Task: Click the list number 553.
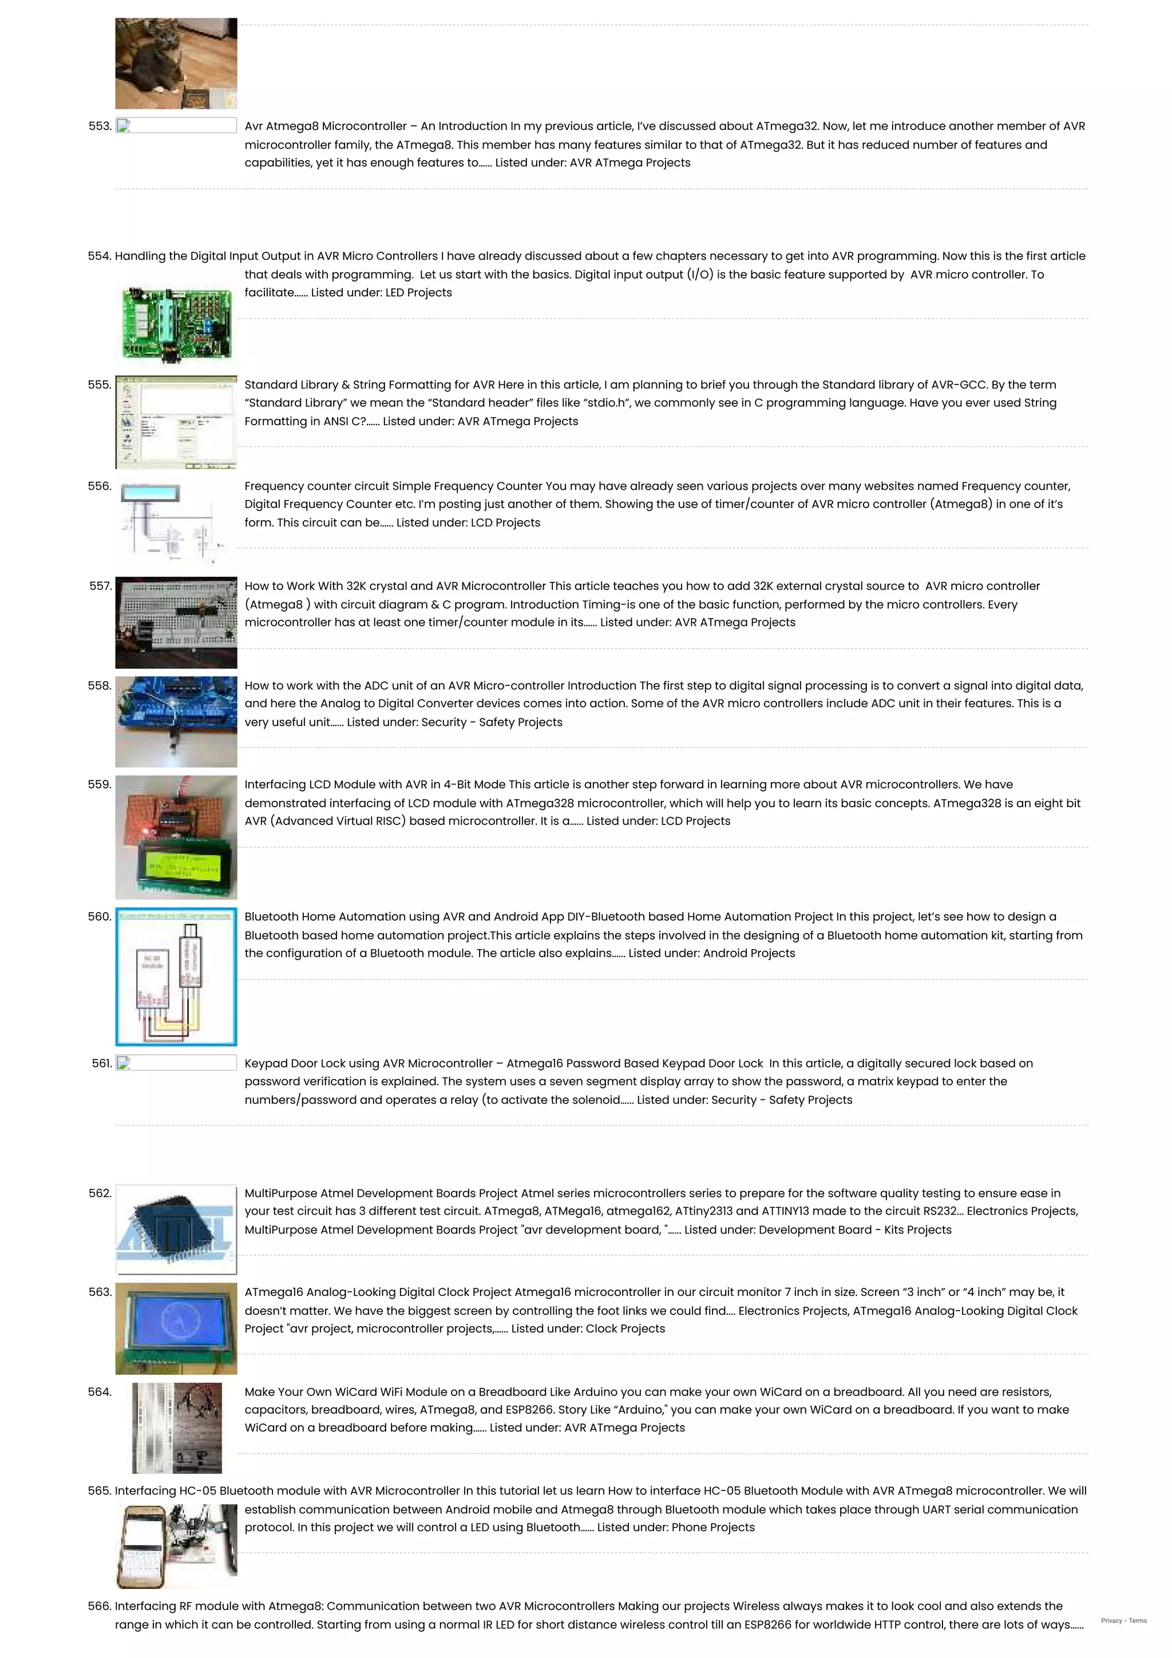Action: pyautogui.click(x=100, y=126)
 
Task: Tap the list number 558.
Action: pyautogui.click(x=100, y=685)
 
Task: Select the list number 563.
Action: pyautogui.click(x=100, y=1292)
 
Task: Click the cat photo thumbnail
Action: pyautogui.click(x=176, y=64)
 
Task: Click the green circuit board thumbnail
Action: pyautogui.click(x=177, y=323)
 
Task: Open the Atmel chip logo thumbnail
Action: pyautogui.click(x=176, y=1229)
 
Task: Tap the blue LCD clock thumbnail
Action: pyautogui.click(x=176, y=1328)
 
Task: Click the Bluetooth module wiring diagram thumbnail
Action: pyautogui.click(x=176, y=976)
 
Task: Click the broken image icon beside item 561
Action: pyautogui.click(x=124, y=1063)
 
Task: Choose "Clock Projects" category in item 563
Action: pyautogui.click(x=625, y=1328)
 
